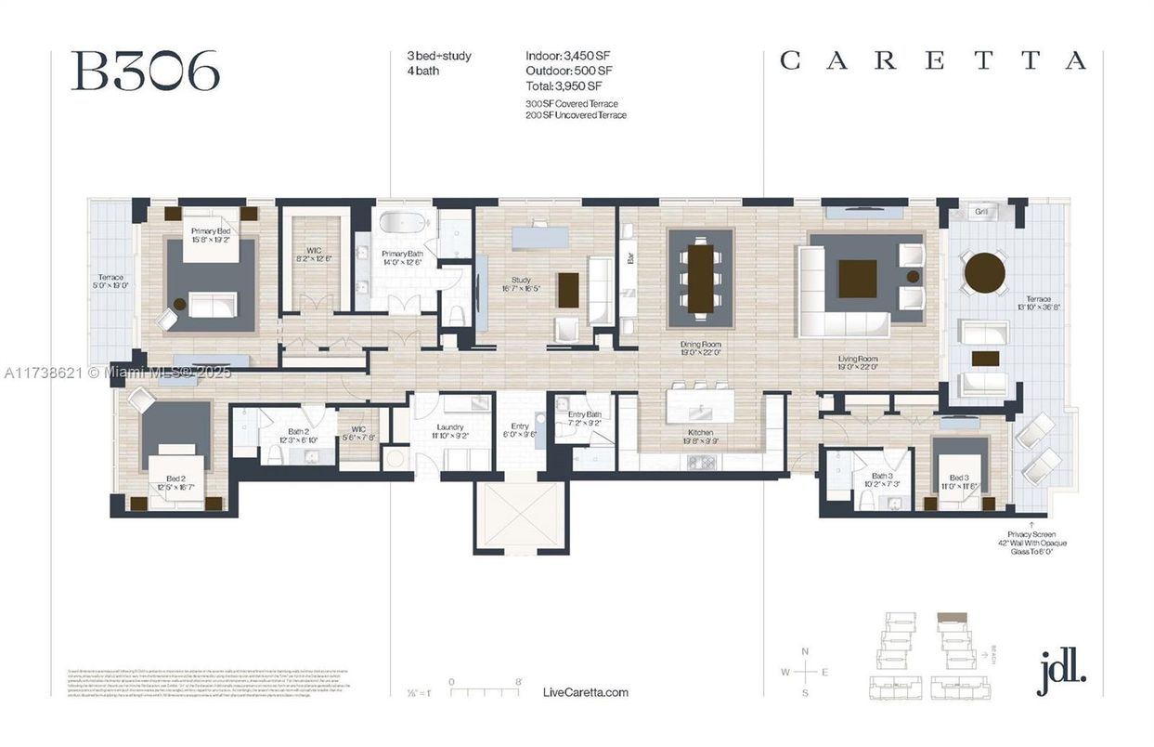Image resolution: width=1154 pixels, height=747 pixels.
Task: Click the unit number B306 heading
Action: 145,71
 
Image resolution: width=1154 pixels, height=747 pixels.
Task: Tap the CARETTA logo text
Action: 933,61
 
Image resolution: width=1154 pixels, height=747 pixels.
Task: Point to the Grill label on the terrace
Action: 980,212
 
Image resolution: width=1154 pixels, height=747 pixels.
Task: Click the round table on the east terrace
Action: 984,273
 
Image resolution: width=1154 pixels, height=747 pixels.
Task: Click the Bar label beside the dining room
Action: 631,259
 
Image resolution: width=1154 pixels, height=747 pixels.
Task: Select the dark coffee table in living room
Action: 857,279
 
